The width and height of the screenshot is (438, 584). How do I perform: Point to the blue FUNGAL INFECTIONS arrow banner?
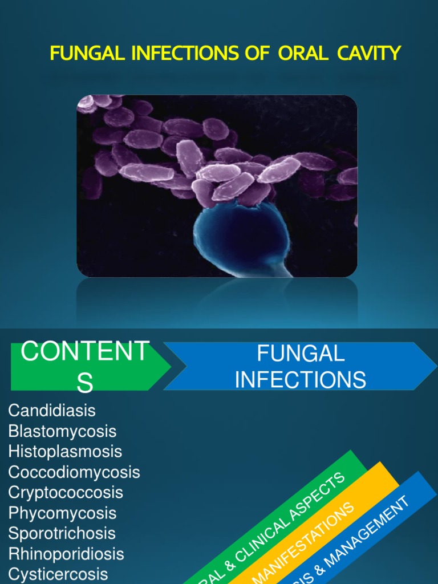(x=300, y=366)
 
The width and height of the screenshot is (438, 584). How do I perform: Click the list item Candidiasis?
(x=52, y=411)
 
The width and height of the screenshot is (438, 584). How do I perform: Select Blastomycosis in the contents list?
(x=62, y=431)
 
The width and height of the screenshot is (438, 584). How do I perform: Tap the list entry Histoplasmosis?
(x=65, y=452)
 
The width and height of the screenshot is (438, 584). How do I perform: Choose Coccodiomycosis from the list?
(x=74, y=472)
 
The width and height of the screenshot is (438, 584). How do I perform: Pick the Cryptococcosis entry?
(x=66, y=493)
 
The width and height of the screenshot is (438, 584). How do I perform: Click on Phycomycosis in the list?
(x=62, y=513)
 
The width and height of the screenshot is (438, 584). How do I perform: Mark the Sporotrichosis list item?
(x=62, y=534)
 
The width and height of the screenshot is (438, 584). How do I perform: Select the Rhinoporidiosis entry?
(x=66, y=554)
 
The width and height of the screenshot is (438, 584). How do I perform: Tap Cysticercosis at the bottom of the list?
(x=58, y=574)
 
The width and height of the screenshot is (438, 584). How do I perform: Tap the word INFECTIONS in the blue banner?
(x=301, y=380)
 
